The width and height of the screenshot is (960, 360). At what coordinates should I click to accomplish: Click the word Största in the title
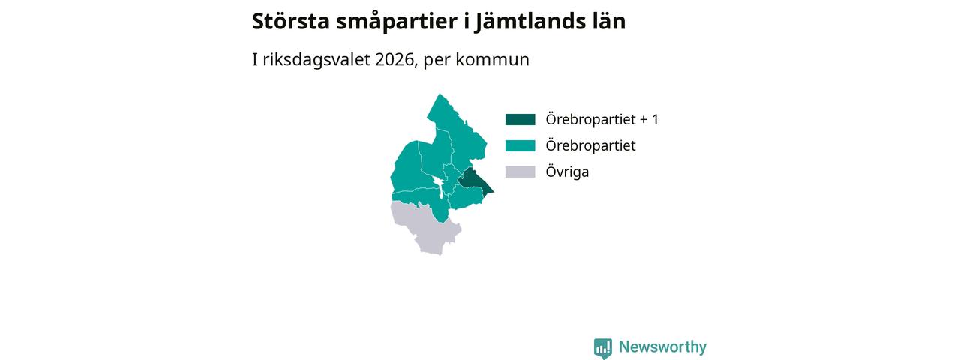click(x=290, y=21)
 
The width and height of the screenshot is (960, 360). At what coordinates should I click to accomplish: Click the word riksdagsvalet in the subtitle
click(x=316, y=60)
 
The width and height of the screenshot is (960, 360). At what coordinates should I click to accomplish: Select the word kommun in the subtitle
click(x=492, y=59)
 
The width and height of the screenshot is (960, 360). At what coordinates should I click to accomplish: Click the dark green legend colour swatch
click(x=520, y=119)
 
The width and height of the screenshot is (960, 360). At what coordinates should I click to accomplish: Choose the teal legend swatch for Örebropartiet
click(x=520, y=145)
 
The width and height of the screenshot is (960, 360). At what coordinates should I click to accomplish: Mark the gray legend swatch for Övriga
click(x=520, y=172)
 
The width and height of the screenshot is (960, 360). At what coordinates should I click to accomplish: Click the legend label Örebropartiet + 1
click(x=601, y=119)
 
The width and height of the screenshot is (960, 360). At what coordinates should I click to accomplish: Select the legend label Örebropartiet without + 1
click(x=590, y=145)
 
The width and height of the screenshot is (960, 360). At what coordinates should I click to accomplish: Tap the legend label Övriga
click(x=567, y=172)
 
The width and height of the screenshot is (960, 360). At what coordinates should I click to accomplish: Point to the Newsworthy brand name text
click(x=662, y=346)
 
